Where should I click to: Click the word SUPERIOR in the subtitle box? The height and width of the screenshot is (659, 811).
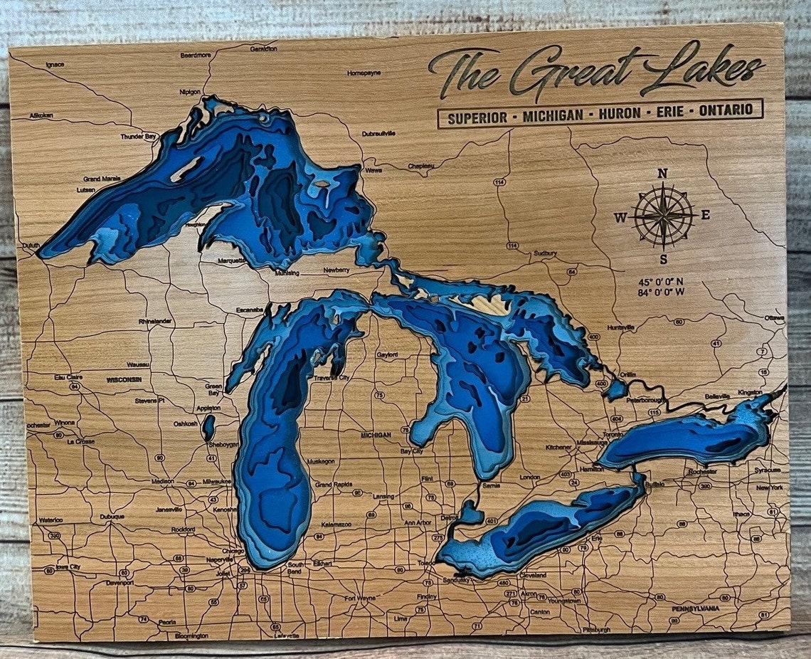(477, 117)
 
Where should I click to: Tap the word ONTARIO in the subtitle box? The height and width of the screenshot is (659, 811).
(725, 110)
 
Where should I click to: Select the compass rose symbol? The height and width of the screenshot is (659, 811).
(663, 215)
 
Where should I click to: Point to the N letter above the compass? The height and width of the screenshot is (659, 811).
(662, 173)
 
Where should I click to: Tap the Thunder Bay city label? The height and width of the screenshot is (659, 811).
(137, 137)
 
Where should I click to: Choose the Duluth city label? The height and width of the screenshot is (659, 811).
(31, 246)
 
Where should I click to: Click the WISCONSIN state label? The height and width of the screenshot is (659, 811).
(124, 380)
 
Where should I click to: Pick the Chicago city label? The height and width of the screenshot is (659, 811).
(233, 551)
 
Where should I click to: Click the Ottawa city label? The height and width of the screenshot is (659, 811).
(774, 317)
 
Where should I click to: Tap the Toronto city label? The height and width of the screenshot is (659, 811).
(613, 434)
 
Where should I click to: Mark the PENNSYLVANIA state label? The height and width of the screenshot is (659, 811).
(695, 609)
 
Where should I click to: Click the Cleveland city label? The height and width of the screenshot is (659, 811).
(533, 575)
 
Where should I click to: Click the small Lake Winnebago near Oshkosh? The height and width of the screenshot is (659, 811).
(208, 427)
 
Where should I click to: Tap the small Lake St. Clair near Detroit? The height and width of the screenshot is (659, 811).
(470, 511)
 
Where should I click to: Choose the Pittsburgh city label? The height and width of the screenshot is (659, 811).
(595, 630)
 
